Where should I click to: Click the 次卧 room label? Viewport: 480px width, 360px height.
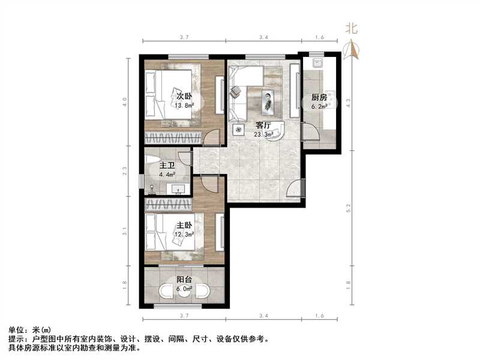click(184, 96)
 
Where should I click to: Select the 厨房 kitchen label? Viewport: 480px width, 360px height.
click(319, 98)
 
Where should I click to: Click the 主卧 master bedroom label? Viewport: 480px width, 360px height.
click(184, 226)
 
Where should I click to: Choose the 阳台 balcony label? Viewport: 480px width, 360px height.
click(184, 280)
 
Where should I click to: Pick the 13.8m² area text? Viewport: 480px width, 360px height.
click(184, 106)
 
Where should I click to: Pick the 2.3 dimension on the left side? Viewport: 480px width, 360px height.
click(125, 170)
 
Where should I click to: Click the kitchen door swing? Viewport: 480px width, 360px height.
click(310, 133)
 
